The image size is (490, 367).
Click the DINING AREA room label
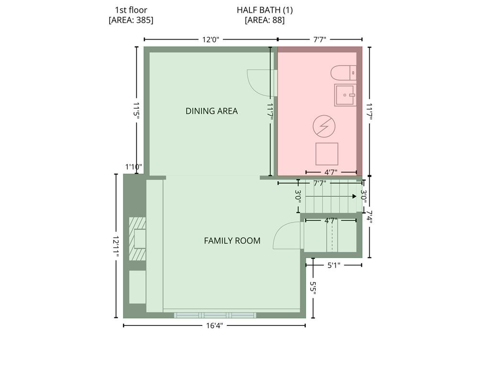tap(212, 111)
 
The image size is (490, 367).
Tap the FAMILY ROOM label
tap(232, 241)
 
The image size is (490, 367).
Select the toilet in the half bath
tap(344, 73)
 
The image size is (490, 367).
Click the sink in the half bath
tap(345, 95)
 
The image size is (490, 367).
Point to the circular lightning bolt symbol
tap(324, 126)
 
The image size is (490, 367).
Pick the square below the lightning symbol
tap(327, 154)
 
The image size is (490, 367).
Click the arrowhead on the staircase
tap(355, 196)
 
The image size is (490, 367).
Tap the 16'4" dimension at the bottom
tap(214, 326)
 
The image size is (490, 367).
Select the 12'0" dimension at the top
tap(211, 40)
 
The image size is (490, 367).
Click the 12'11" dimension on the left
tap(116, 247)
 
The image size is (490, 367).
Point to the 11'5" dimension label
tap(136, 110)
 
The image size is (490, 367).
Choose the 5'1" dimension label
tap(334, 265)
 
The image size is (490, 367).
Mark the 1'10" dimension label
tap(134, 167)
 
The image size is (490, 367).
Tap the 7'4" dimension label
tap(369, 217)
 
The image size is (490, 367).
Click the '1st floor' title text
tap(131, 10)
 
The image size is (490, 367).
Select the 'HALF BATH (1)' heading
tap(265, 10)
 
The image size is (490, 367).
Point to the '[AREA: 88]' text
tap(265, 20)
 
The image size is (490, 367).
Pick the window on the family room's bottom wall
tap(215, 315)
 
